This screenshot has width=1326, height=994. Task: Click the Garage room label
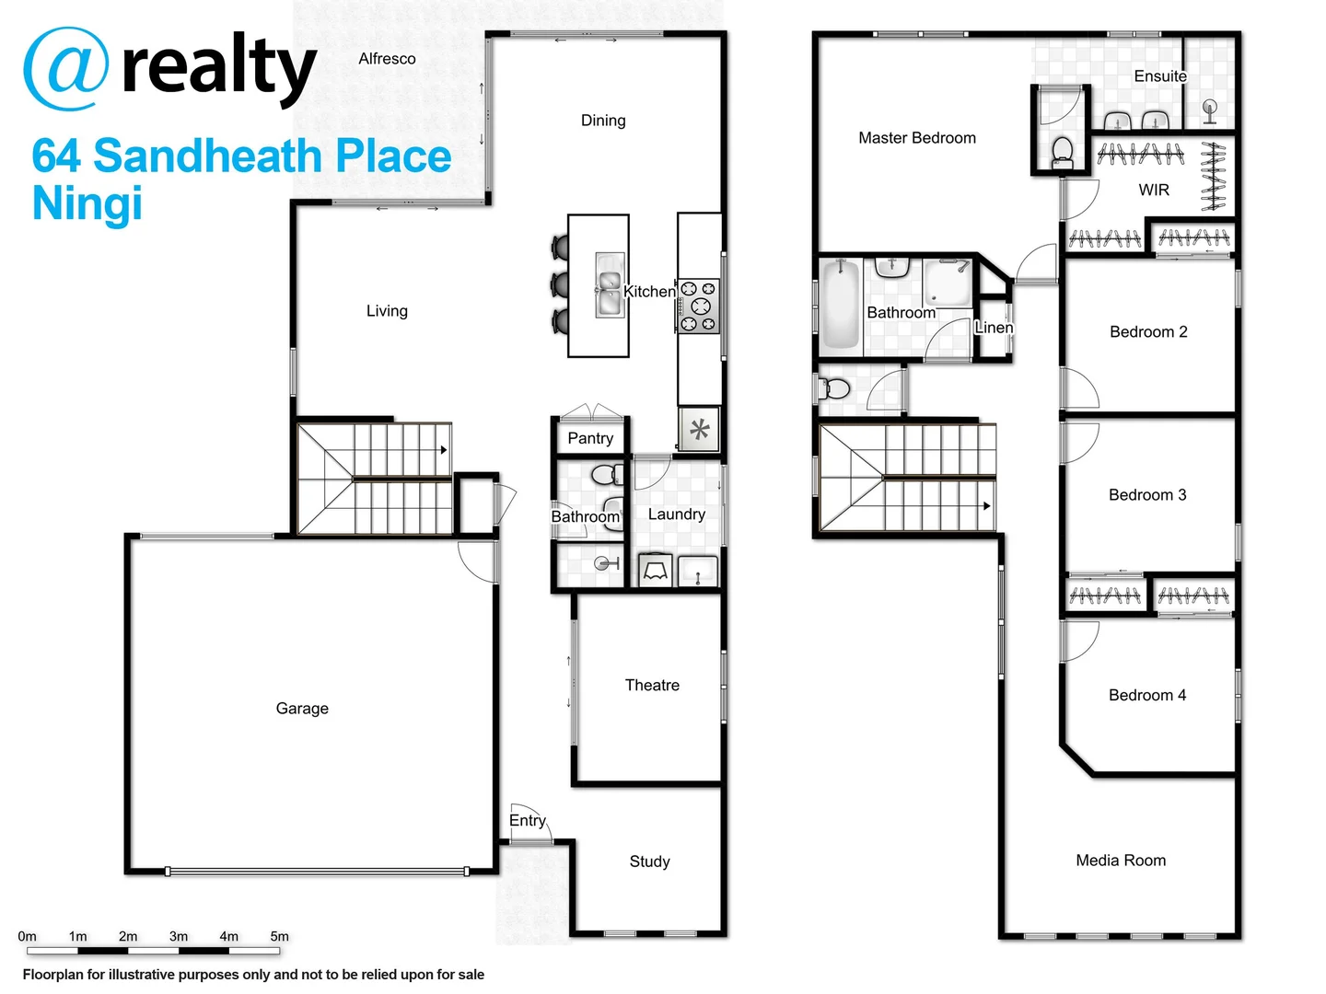coord(302,709)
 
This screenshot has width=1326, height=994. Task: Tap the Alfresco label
coord(387,59)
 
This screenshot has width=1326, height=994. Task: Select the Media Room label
coord(1121,861)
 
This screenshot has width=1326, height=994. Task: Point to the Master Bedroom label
coord(917,138)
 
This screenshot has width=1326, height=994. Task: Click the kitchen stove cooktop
coord(699,306)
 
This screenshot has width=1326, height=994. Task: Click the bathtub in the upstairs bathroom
coord(840,306)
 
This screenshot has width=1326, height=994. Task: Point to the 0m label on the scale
coord(28,937)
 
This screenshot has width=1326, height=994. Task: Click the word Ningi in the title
coord(87,203)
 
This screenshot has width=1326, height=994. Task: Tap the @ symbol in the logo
coord(65,69)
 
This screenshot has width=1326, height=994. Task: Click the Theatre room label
coord(652,686)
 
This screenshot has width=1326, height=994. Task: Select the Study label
coord(649,861)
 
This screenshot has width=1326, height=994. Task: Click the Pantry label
coord(590,439)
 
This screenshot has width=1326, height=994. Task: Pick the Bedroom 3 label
coord(1147,495)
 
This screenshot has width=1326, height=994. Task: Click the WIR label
coord(1154,191)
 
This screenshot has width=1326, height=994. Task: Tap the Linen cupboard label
coord(994,328)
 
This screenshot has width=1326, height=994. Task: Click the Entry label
coord(528,821)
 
